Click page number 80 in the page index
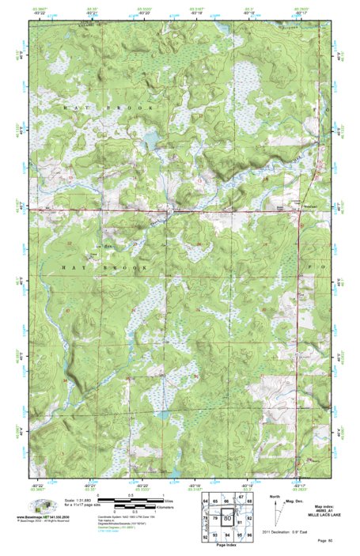227,519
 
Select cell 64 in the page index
206,502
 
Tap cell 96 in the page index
249,535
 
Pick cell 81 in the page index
238,520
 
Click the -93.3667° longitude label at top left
40,7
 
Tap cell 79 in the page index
215,517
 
